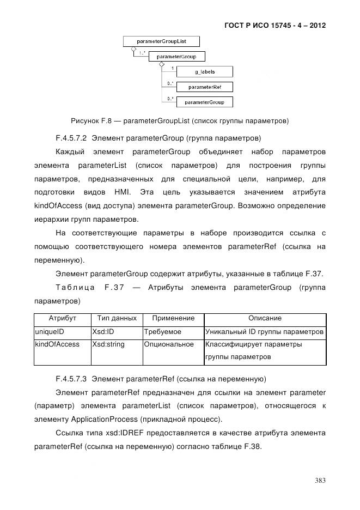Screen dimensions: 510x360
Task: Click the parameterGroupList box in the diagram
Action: (x=162, y=41)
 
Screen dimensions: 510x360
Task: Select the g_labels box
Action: (x=205, y=72)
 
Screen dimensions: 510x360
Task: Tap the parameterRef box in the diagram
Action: (x=205, y=87)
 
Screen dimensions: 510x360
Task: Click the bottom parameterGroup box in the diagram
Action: (x=205, y=102)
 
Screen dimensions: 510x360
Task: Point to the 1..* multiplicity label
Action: (x=142, y=53)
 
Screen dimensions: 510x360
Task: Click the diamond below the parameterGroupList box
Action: (x=126, y=48)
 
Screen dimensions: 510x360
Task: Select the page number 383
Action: (x=320, y=480)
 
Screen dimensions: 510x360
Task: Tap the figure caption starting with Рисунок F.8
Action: (x=179, y=120)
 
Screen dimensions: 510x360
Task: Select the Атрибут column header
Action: (x=62, y=318)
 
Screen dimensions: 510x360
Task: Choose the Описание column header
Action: (x=265, y=318)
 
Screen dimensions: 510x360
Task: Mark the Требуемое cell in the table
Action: (x=163, y=331)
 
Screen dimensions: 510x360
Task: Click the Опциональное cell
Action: (x=169, y=344)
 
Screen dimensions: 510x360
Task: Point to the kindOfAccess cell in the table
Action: (x=57, y=344)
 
